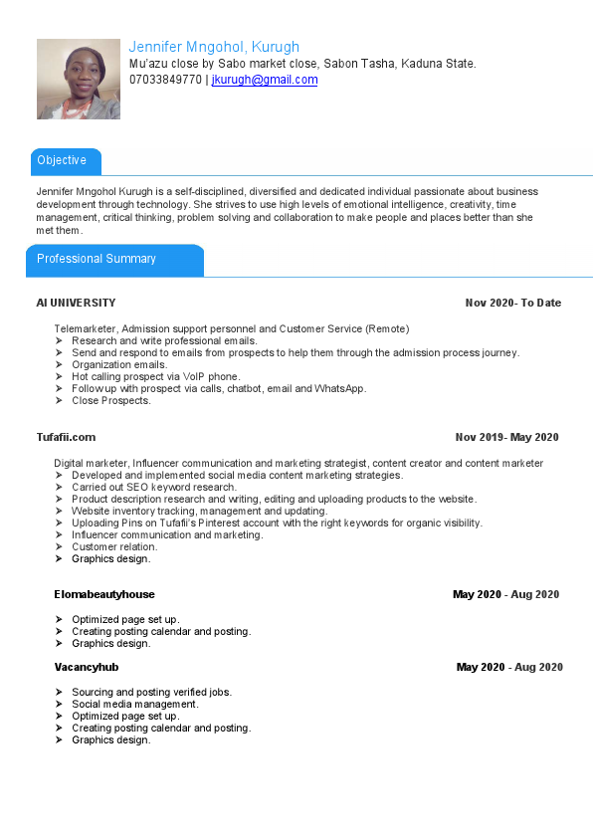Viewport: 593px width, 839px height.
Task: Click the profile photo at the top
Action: click(78, 80)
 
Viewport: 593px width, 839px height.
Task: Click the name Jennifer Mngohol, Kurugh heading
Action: click(214, 47)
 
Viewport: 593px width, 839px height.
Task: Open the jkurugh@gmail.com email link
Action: click(265, 80)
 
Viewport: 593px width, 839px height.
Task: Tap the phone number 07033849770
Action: click(165, 80)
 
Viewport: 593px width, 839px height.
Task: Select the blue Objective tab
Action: click(63, 160)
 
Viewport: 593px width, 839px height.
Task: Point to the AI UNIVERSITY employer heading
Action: click(76, 303)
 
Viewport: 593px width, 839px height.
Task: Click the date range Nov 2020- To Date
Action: click(512, 303)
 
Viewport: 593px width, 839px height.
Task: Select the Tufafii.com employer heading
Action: click(66, 437)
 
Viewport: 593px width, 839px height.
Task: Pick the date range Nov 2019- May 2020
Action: click(506, 437)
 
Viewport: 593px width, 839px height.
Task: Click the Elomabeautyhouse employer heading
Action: click(104, 594)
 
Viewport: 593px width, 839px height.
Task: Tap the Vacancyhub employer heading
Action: click(86, 667)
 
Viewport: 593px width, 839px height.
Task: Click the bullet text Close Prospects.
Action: click(111, 401)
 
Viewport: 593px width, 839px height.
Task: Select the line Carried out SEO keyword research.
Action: click(154, 488)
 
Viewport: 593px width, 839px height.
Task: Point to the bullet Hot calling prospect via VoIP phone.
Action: click(155, 377)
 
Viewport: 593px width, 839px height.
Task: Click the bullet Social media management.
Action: click(135, 704)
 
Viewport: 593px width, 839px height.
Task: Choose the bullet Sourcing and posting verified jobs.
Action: click(151, 692)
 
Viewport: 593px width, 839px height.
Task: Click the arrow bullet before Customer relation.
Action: click(60, 547)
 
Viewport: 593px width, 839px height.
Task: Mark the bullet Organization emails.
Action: click(119, 365)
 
